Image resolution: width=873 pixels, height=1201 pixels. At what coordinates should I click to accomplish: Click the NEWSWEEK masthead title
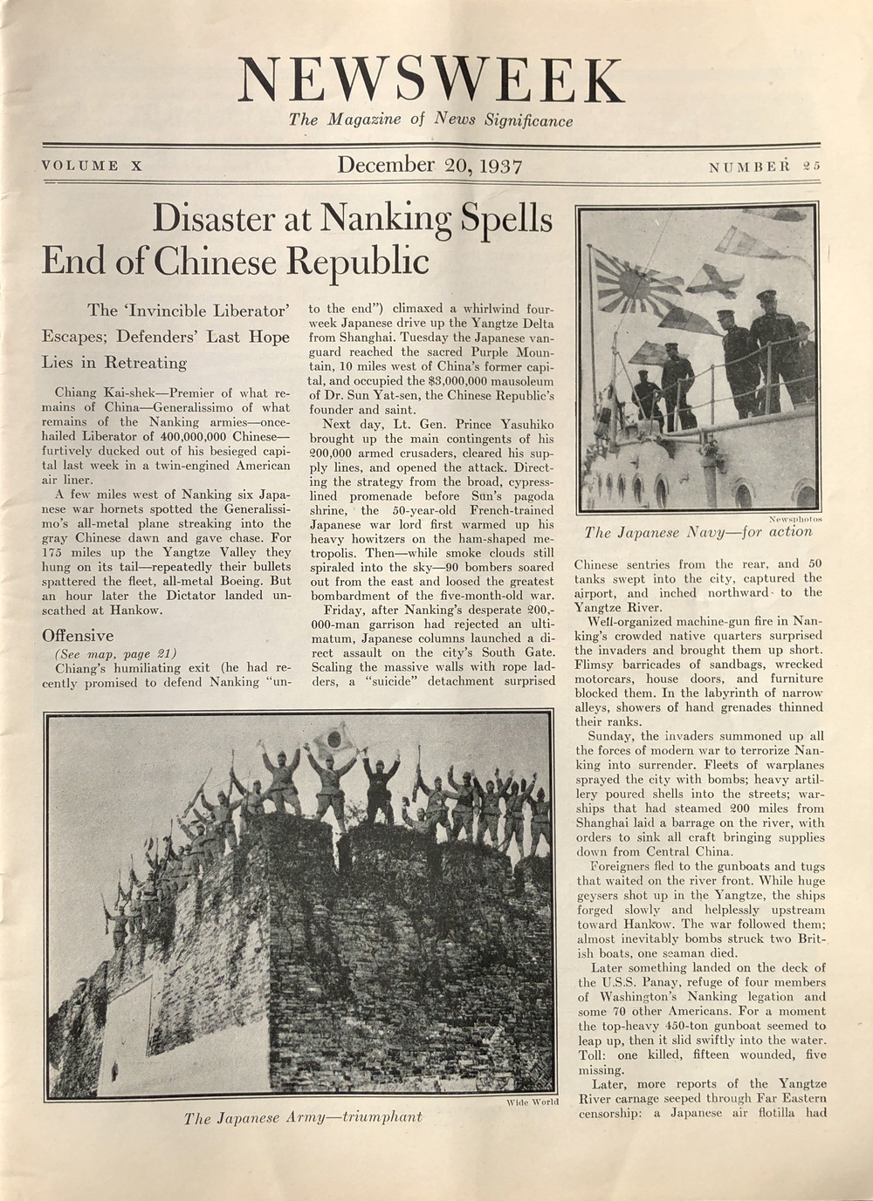[431, 80]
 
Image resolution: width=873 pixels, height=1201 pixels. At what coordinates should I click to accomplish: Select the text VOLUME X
[91, 166]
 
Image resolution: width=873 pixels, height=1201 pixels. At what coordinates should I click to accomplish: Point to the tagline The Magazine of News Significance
[431, 120]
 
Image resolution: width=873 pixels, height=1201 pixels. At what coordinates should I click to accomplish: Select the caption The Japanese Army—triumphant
[302, 1117]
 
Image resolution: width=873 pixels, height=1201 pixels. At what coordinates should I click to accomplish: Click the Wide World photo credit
[532, 1102]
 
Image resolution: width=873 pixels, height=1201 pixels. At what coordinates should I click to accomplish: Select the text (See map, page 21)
[115, 653]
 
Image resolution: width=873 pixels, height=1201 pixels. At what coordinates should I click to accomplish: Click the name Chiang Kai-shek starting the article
[93, 392]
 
